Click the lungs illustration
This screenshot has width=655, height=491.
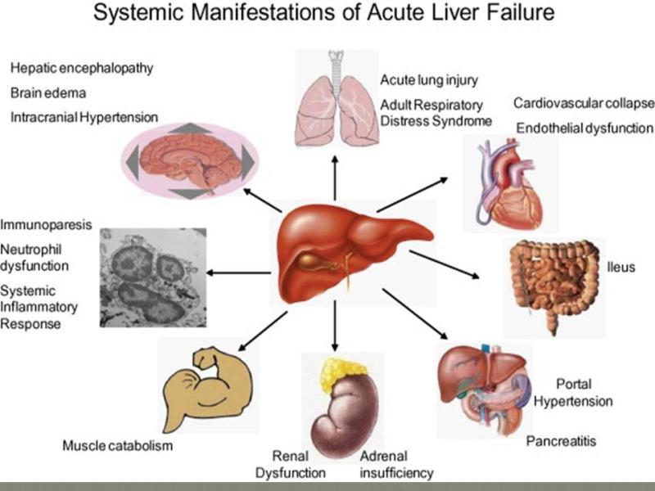click(x=337, y=100)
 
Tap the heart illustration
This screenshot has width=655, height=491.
click(x=510, y=183)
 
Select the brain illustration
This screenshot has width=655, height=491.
click(x=191, y=161)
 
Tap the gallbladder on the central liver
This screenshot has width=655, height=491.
click(x=310, y=261)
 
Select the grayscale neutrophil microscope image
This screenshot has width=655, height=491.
click(x=153, y=277)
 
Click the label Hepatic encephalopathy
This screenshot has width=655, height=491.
click(x=82, y=68)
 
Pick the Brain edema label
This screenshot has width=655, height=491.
click(x=48, y=92)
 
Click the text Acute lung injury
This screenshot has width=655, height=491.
click(x=429, y=80)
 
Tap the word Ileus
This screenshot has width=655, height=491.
click(x=621, y=267)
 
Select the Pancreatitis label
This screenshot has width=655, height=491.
click(x=561, y=441)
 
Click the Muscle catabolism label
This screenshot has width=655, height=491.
click(x=117, y=445)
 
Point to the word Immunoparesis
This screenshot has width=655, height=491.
click(x=46, y=224)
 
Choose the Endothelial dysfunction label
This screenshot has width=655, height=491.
click(x=585, y=128)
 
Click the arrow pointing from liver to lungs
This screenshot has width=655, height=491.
click(x=335, y=178)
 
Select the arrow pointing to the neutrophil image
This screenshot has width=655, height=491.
click(x=238, y=273)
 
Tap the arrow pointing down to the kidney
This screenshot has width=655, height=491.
click(x=335, y=326)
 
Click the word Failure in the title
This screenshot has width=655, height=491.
click(x=520, y=12)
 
